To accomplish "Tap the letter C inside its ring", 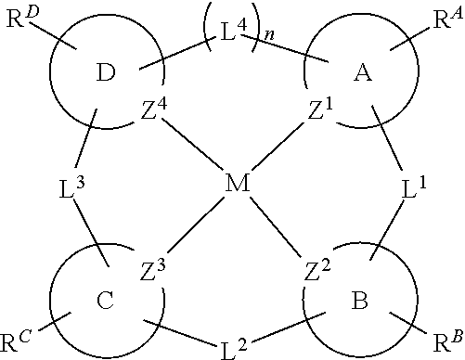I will point(105,302).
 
